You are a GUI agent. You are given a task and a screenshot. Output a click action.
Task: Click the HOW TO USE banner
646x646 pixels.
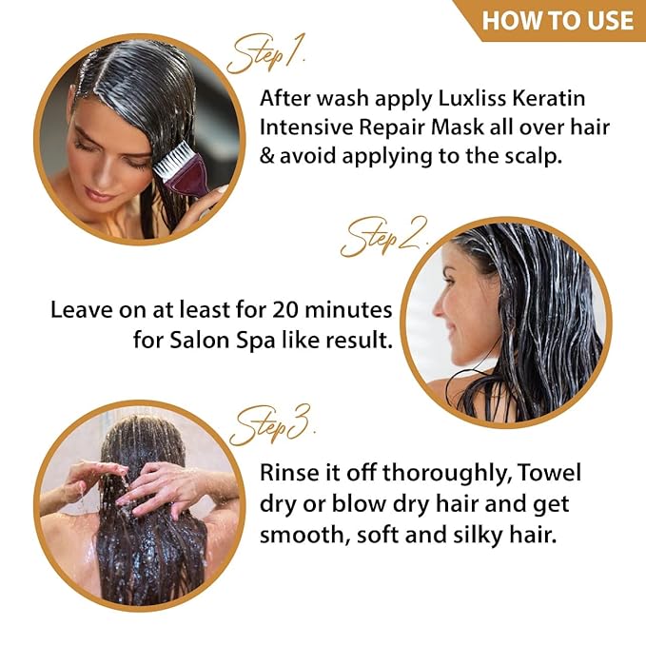(557, 20)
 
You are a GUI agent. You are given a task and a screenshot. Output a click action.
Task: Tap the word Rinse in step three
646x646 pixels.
(292, 474)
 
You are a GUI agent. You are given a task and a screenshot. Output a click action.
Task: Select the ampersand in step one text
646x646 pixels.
(268, 157)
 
